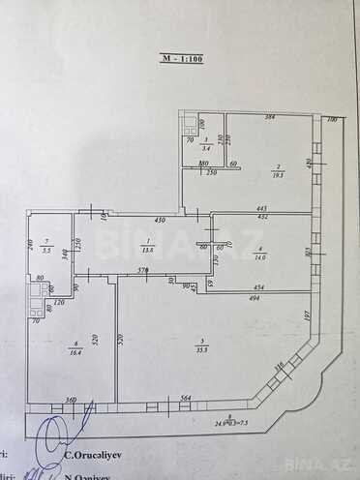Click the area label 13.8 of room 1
tap(147, 248)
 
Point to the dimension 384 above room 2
tap(271, 118)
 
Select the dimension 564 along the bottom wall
tap(187, 398)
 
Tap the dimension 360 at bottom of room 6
tap(71, 398)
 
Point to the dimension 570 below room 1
tap(142, 271)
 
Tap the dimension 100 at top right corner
tap(331, 119)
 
